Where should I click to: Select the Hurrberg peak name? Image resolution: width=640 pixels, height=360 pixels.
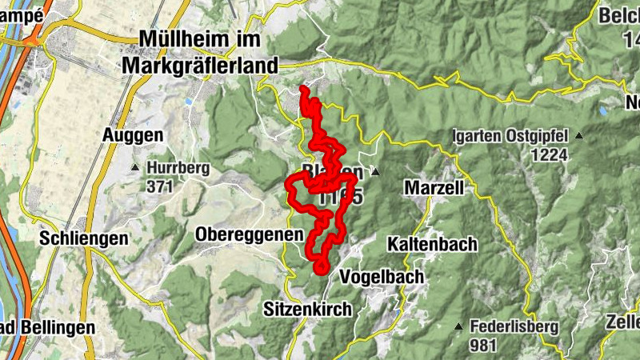coord(178,168)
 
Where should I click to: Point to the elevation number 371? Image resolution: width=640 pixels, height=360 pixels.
coord(160,186)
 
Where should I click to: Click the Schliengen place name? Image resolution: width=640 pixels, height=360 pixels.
coord(85,238)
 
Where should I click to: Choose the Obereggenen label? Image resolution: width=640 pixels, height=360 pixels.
coord(250,234)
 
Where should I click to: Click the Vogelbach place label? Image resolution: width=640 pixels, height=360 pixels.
coord(382,277)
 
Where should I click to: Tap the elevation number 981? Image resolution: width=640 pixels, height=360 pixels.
coord(484,345)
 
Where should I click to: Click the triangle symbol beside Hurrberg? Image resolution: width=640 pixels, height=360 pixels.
coord(135,167)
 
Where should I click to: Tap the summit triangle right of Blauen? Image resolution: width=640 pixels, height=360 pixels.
coord(374,171)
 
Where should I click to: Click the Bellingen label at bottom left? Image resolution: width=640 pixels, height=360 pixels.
coord(48,327)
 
